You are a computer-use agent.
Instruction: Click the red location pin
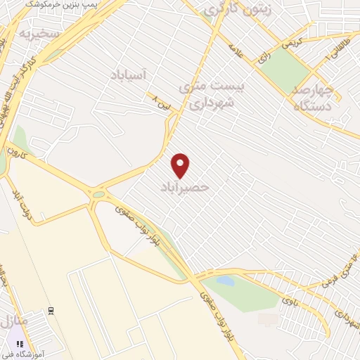pyautogui.click(x=181, y=165)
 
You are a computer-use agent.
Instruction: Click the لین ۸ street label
pyautogui.click(x=162, y=105)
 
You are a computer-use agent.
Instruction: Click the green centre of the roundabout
pyautogui.click(x=98, y=195)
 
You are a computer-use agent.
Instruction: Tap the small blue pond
pyautogui.click(x=225, y=281)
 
